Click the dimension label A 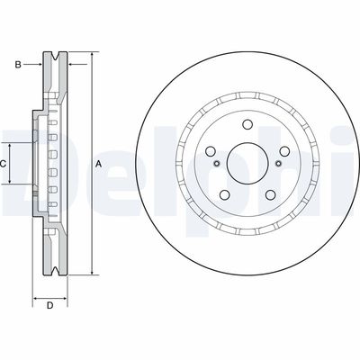coord(98,164)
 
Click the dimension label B coord(18,65)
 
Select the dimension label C coord(3,164)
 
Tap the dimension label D coord(50,306)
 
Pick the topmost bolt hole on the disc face coord(247,124)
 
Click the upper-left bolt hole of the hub coord(211,151)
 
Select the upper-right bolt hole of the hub coord(284,151)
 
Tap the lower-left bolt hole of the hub coord(225,195)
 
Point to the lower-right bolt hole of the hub coord(270,195)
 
